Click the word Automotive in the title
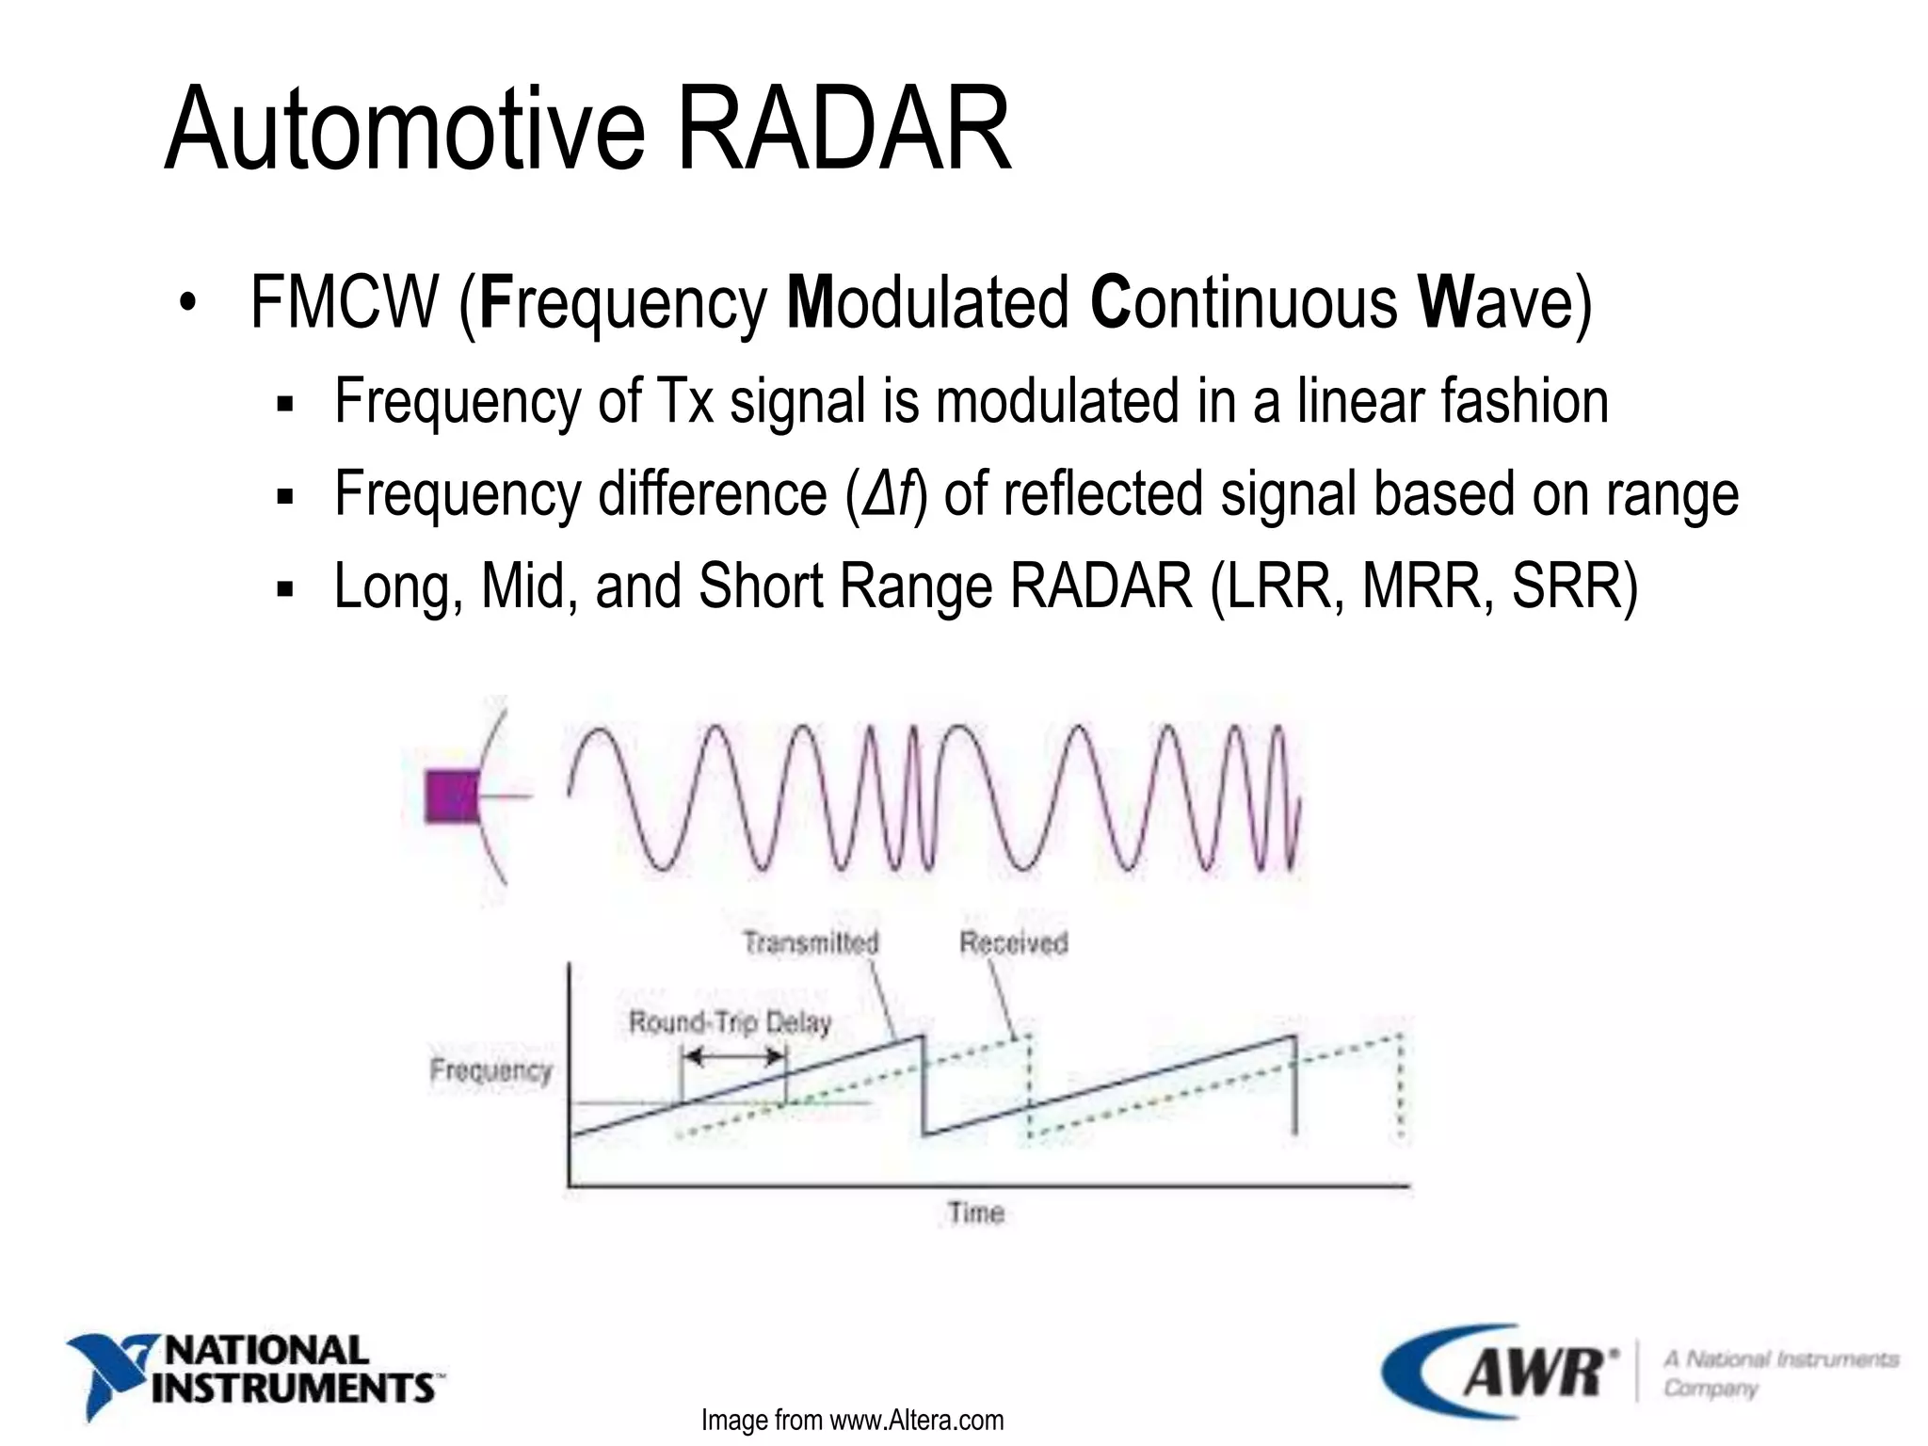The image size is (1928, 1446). tap(405, 129)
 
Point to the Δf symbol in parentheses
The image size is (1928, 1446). tap(889, 493)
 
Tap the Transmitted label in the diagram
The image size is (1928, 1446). tap(811, 942)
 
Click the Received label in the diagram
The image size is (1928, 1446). tap(1014, 942)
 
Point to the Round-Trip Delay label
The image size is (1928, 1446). tap(731, 1022)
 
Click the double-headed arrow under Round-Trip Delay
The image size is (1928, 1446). tap(733, 1056)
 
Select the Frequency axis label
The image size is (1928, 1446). tap(490, 1070)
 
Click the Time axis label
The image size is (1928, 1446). tap(976, 1213)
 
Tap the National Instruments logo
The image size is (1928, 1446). tap(254, 1371)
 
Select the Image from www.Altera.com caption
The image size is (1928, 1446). tap(852, 1420)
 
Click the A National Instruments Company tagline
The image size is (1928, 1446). tap(1779, 1374)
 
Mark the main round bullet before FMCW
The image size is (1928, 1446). tap(188, 304)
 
